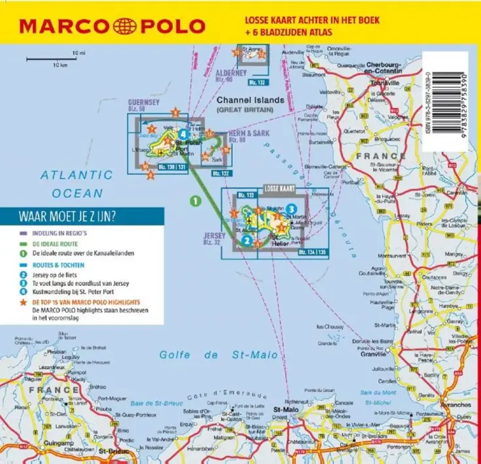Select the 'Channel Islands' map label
tap(251, 100)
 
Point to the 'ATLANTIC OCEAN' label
tap(76, 184)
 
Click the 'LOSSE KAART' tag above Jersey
tap(278, 188)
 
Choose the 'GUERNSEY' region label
tap(144, 103)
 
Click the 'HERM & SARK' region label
tap(245, 133)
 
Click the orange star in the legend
tap(23, 303)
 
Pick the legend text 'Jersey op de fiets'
tap(57, 275)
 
